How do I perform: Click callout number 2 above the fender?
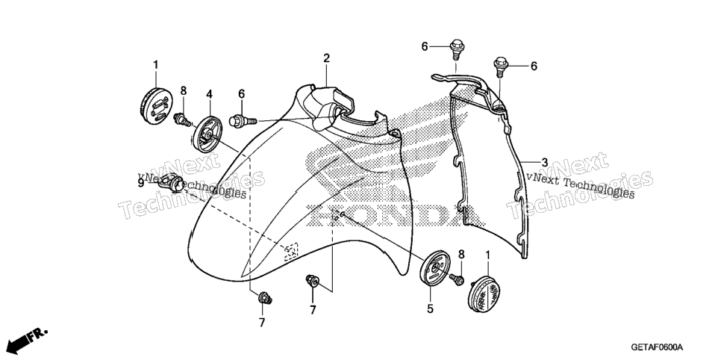pos(326,58)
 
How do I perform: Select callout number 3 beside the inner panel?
pos(544,162)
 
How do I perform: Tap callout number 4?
pos(209,94)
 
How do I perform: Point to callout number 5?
pos(430,309)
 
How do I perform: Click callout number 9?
pos(141,183)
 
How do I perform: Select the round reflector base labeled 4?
pos(207,133)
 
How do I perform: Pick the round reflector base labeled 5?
pos(434,267)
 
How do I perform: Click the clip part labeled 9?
pos(171,183)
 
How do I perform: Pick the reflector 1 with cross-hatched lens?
pos(487,294)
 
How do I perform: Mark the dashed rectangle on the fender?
pos(290,252)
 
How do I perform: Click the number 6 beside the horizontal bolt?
pos(241,94)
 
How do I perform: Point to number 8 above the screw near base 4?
pos(184,90)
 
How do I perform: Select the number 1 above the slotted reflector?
pos(155,65)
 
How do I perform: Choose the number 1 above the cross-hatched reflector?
pos(488,255)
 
